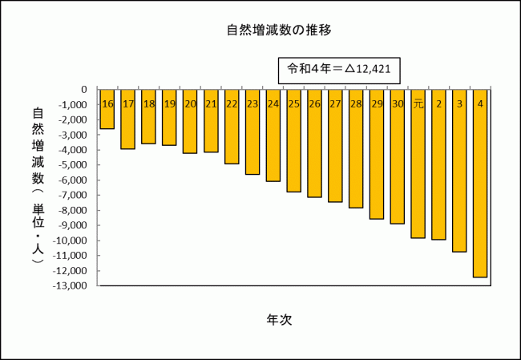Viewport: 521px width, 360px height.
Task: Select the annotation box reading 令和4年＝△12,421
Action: click(x=339, y=69)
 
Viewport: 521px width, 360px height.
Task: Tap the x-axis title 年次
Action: click(x=279, y=319)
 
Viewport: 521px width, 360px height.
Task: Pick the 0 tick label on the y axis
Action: click(x=84, y=90)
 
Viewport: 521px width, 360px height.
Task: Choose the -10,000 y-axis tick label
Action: click(x=73, y=241)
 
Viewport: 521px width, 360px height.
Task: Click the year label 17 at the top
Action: click(x=128, y=104)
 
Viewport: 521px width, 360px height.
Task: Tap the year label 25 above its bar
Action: click(x=293, y=104)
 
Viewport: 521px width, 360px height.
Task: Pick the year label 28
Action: click(x=356, y=104)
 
